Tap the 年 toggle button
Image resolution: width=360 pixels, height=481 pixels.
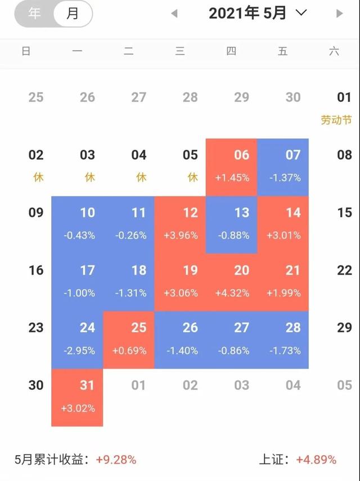point(35,14)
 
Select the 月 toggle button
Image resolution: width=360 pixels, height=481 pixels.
point(73,14)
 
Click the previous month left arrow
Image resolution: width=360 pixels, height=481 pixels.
point(174,14)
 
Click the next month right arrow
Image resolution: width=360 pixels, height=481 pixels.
point(339,14)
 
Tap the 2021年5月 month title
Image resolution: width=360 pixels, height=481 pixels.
point(247,14)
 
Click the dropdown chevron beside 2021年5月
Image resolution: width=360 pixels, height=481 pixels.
point(301,12)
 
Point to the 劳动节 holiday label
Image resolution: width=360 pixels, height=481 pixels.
point(336,120)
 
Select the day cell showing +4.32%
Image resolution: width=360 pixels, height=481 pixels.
point(242,281)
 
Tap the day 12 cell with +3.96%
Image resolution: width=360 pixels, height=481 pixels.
point(190,223)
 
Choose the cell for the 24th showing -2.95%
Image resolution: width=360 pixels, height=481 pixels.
point(87,339)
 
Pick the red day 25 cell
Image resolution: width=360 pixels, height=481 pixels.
point(138,339)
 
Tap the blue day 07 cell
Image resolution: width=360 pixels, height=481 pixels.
point(293,166)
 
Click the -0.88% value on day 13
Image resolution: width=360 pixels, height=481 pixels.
point(242,236)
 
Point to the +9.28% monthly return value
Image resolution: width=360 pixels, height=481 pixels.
point(116,460)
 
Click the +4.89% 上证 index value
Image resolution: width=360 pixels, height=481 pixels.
point(316,460)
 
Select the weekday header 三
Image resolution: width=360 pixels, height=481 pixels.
point(180,52)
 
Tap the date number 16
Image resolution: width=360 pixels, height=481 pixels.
point(36,271)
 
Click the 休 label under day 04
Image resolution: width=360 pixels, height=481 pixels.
point(141,178)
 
